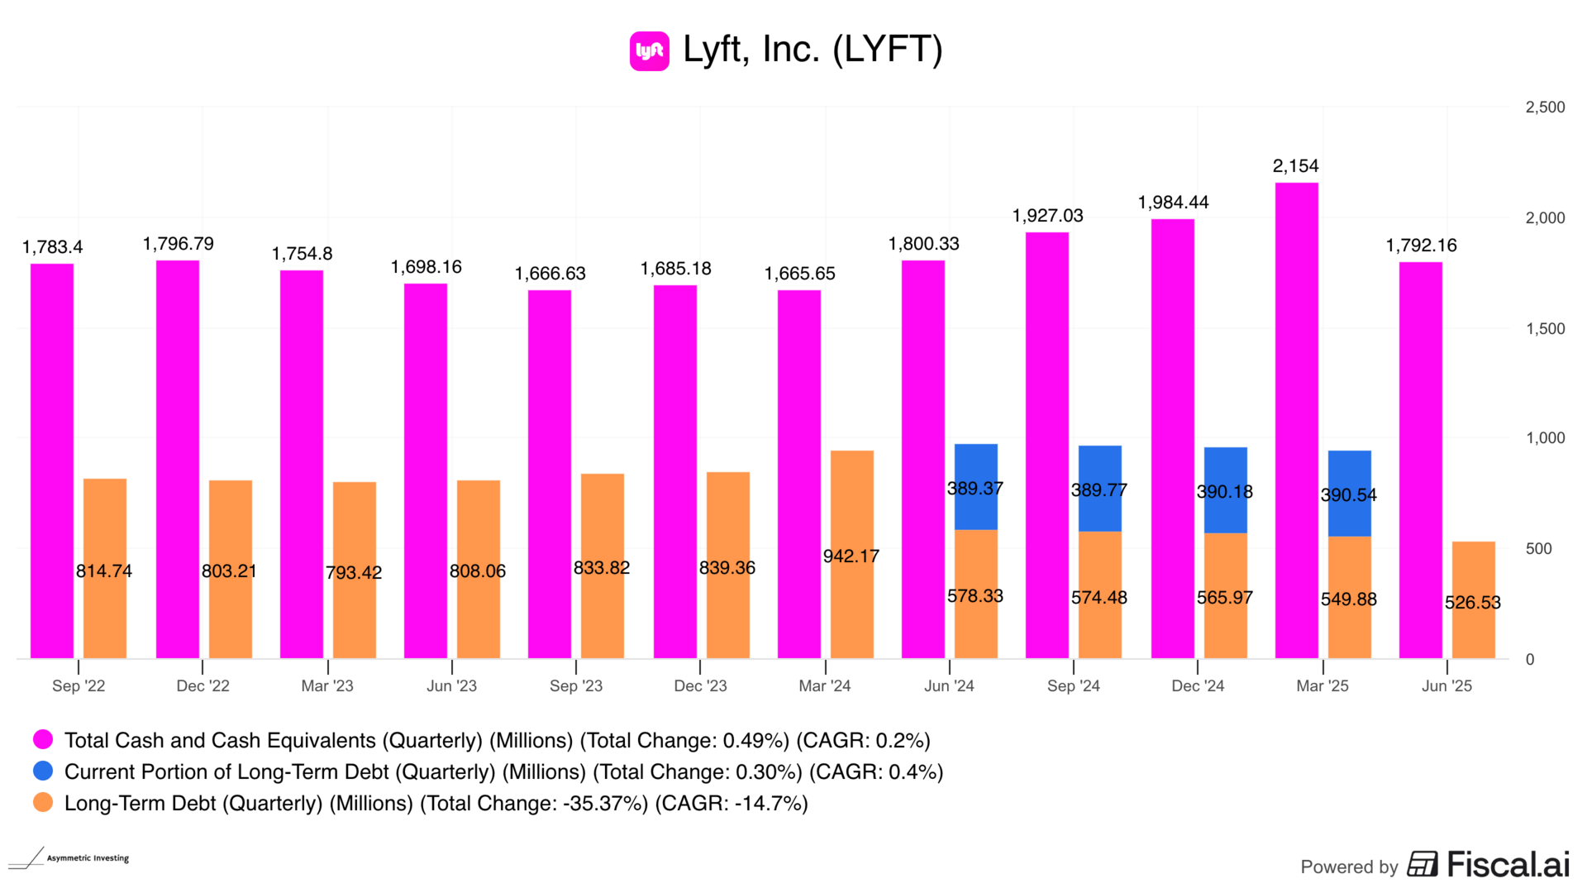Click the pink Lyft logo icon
pyautogui.click(x=649, y=51)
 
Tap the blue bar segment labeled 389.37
pyautogui.click(x=975, y=487)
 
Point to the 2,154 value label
pyautogui.click(x=1295, y=166)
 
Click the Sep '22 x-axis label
pyautogui.click(x=79, y=685)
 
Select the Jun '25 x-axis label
pyautogui.click(x=1446, y=685)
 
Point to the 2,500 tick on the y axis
pyautogui.click(x=1545, y=107)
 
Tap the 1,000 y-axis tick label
pyautogui.click(x=1545, y=438)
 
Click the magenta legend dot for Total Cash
pyautogui.click(x=43, y=739)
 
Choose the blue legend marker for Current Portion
pyautogui.click(x=43, y=771)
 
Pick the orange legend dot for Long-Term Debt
pyautogui.click(x=43, y=802)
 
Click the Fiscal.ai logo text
pyautogui.click(x=1508, y=865)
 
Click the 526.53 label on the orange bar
pyautogui.click(x=1472, y=603)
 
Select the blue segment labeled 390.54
pyautogui.click(x=1349, y=494)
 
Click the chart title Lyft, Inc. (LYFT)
pyautogui.click(x=812, y=50)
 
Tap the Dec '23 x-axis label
pyautogui.click(x=700, y=685)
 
